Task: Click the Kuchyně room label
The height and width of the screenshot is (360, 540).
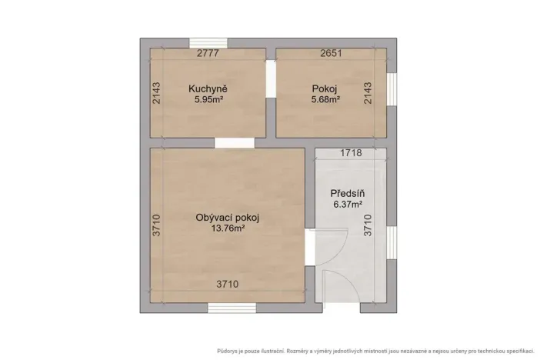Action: [x=207, y=88]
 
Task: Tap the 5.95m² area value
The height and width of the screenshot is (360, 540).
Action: [x=207, y=99]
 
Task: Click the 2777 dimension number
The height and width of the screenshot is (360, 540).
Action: [x=208, y=54]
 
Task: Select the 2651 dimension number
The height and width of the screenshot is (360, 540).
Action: [x=332, y=54]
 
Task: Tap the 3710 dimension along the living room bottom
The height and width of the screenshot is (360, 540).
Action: [x=227, y=285]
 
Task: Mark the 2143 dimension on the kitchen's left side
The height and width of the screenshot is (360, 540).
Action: [x=156, y=94]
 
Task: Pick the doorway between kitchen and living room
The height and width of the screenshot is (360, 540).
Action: [x=229, y=143]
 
